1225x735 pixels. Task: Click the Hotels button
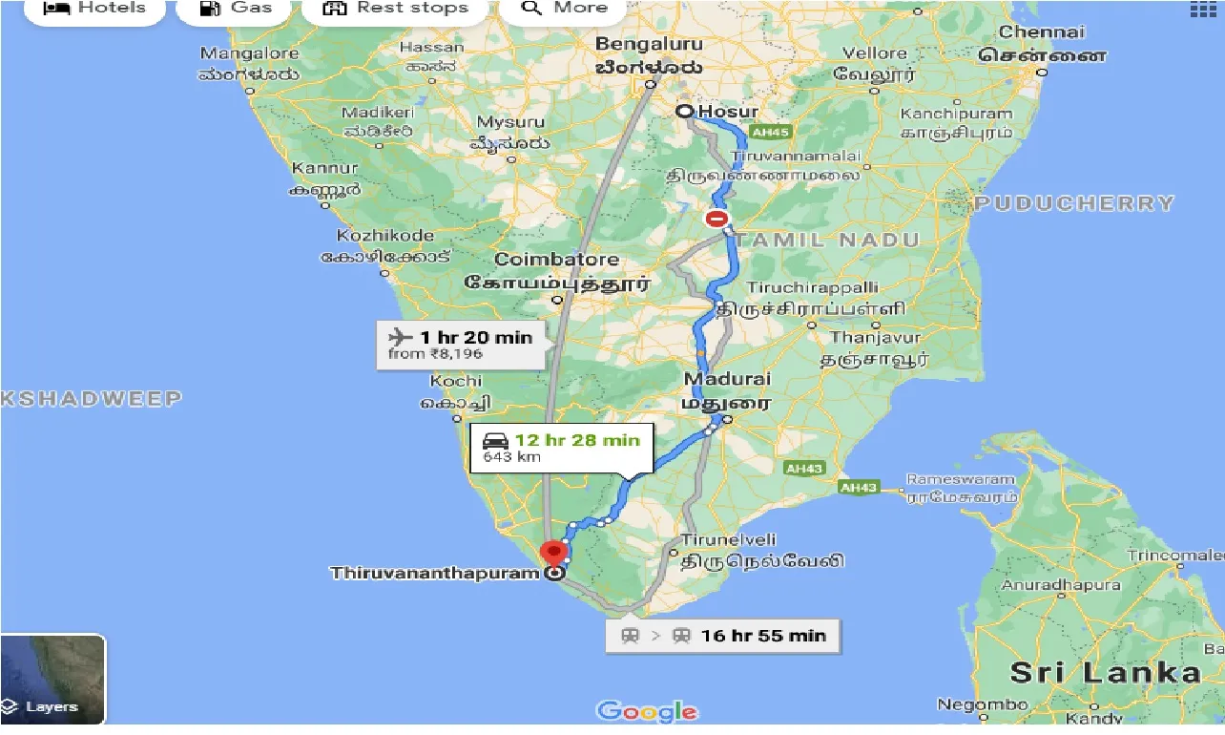click(95, 9)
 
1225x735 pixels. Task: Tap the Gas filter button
click(236, 9)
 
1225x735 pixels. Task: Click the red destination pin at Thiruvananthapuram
click(552, 554)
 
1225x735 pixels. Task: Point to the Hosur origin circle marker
click(684, 112)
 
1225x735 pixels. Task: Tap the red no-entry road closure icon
click(716, 219)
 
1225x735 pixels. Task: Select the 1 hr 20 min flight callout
click(461, 345)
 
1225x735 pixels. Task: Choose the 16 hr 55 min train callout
click(722, 636)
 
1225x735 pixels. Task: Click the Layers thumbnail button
click(52, 679)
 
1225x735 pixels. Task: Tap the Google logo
click(647, 711)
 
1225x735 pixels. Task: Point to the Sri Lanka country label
click(1105, 672)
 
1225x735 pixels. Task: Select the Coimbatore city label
click(556, 260)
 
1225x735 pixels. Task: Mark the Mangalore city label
click(250, 53)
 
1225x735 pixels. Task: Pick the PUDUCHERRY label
click(1074, 203)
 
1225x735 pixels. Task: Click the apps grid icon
click(1201, 9)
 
